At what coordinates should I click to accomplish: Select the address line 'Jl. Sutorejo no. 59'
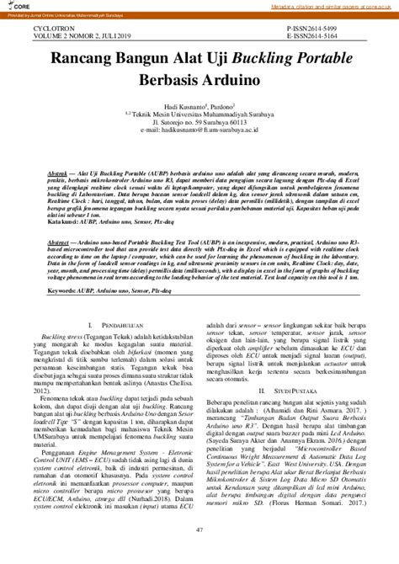point(199,124)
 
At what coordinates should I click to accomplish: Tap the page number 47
point(199,529)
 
